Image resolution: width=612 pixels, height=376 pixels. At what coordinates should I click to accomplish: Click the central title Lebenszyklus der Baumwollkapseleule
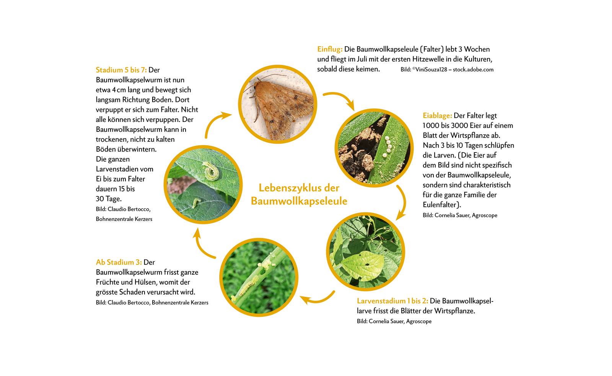[299, 194]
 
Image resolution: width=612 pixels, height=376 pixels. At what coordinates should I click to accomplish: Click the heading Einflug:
[330, 49]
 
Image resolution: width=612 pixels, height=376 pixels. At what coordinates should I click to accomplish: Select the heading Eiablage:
[438, 116]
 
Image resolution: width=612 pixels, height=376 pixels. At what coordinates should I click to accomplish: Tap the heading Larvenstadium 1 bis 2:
[392, 301]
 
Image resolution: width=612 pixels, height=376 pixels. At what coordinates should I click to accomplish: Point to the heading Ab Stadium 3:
[119, 262]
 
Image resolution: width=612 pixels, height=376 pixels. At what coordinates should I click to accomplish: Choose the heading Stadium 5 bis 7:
[121, 70]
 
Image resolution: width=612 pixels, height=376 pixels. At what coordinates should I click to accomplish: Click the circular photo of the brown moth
[278, 104]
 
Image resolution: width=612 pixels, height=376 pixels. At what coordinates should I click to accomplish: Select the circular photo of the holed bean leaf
[366, 251]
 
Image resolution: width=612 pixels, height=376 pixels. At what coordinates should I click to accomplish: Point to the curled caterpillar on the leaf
[211, 171]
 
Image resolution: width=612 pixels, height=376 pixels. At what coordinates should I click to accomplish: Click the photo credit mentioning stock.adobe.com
[447, 70]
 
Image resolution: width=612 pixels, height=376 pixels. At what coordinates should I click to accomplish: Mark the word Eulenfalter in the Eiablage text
[440, 205]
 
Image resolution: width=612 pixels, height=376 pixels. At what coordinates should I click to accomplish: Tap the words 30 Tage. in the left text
[109, 199]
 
